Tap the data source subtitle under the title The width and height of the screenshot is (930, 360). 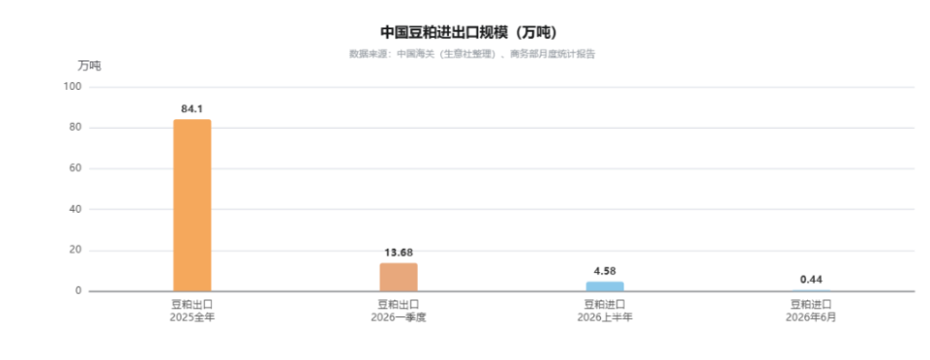click(x=472, y=54)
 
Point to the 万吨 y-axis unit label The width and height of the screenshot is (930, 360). click(x=90, y=66)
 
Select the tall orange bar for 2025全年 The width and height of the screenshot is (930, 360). click(x=192, y=205)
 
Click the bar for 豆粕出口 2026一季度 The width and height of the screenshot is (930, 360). click(x=398, y=277)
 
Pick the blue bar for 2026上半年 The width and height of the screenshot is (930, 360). click(x=605, y=287)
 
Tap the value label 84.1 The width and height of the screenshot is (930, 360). click(x=192, y=108)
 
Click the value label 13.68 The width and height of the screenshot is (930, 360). click(x=398, y=253)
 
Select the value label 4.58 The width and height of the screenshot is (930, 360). click(x=605, y=271)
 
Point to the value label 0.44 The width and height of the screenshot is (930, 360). click(x=811, y=280)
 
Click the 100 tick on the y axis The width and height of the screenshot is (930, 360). click(x=72, y=87)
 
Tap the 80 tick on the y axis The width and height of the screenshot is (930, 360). click(x=75, y=128)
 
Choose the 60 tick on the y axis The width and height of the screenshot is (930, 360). click(x=75, y=169)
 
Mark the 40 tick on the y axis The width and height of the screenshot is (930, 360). click(x=75, y=210)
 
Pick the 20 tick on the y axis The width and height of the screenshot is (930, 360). click(x=75, y=251)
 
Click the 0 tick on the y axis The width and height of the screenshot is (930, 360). click(x=78, y=291)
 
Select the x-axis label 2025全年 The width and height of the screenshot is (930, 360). click(x=192, y=317)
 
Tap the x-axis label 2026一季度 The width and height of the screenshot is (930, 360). click(x=398, y=317)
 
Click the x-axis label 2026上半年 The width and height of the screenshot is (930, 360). click(x=605, y=317)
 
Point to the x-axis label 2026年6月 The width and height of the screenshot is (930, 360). click(x=811, y=317)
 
